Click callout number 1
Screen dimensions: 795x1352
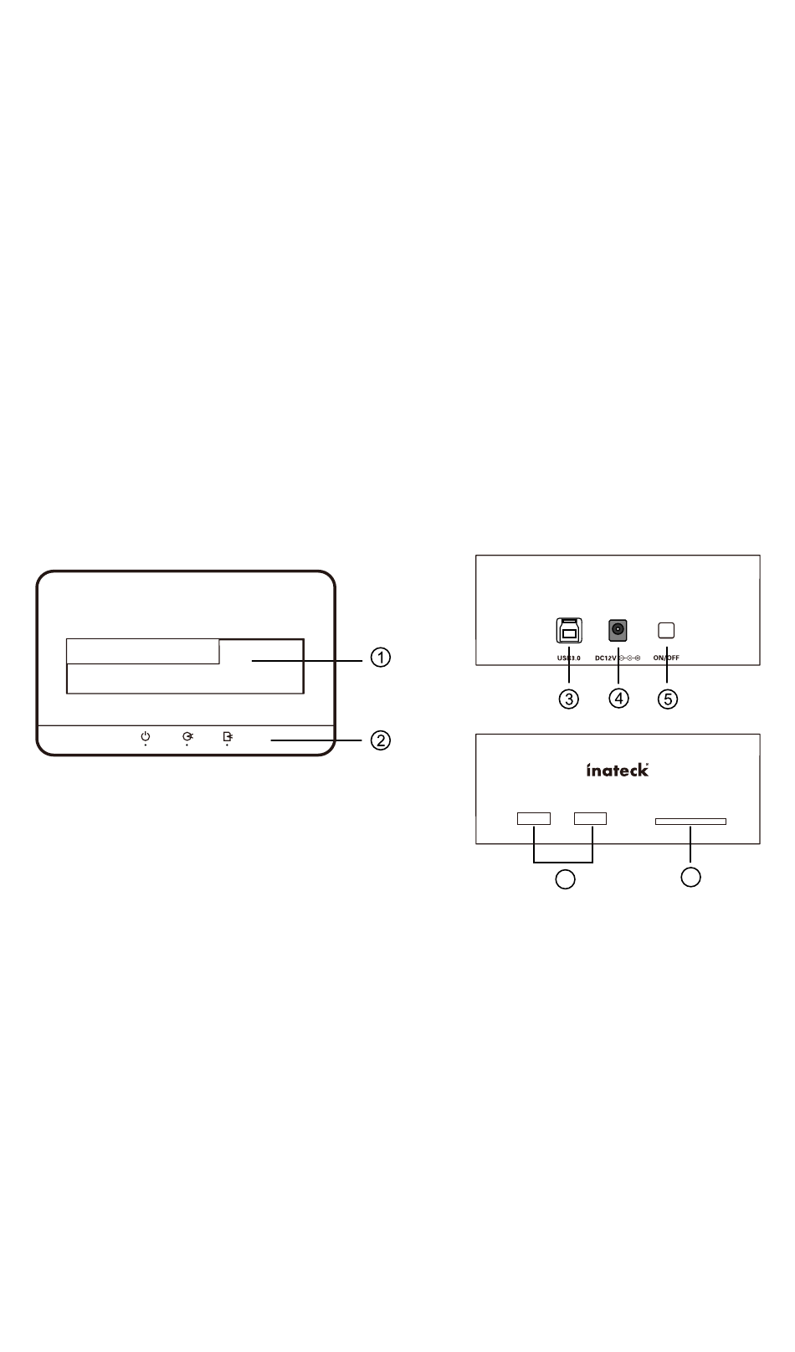(x=380, y=658)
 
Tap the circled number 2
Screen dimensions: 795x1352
(x=380, y=740)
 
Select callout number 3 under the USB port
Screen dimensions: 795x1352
(x=568, y=699)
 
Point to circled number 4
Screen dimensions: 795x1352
(x=618, y=699)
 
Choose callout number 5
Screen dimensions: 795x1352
(x=668, y=699)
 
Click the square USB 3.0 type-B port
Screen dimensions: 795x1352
(x=568, y=630)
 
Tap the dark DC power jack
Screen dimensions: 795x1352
(x=618, y=630)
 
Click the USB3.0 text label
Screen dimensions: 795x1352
(x=568, y=658)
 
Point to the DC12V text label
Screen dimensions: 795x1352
(x=606, y=658)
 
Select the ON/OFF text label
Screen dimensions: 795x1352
(x=666, y=658)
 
